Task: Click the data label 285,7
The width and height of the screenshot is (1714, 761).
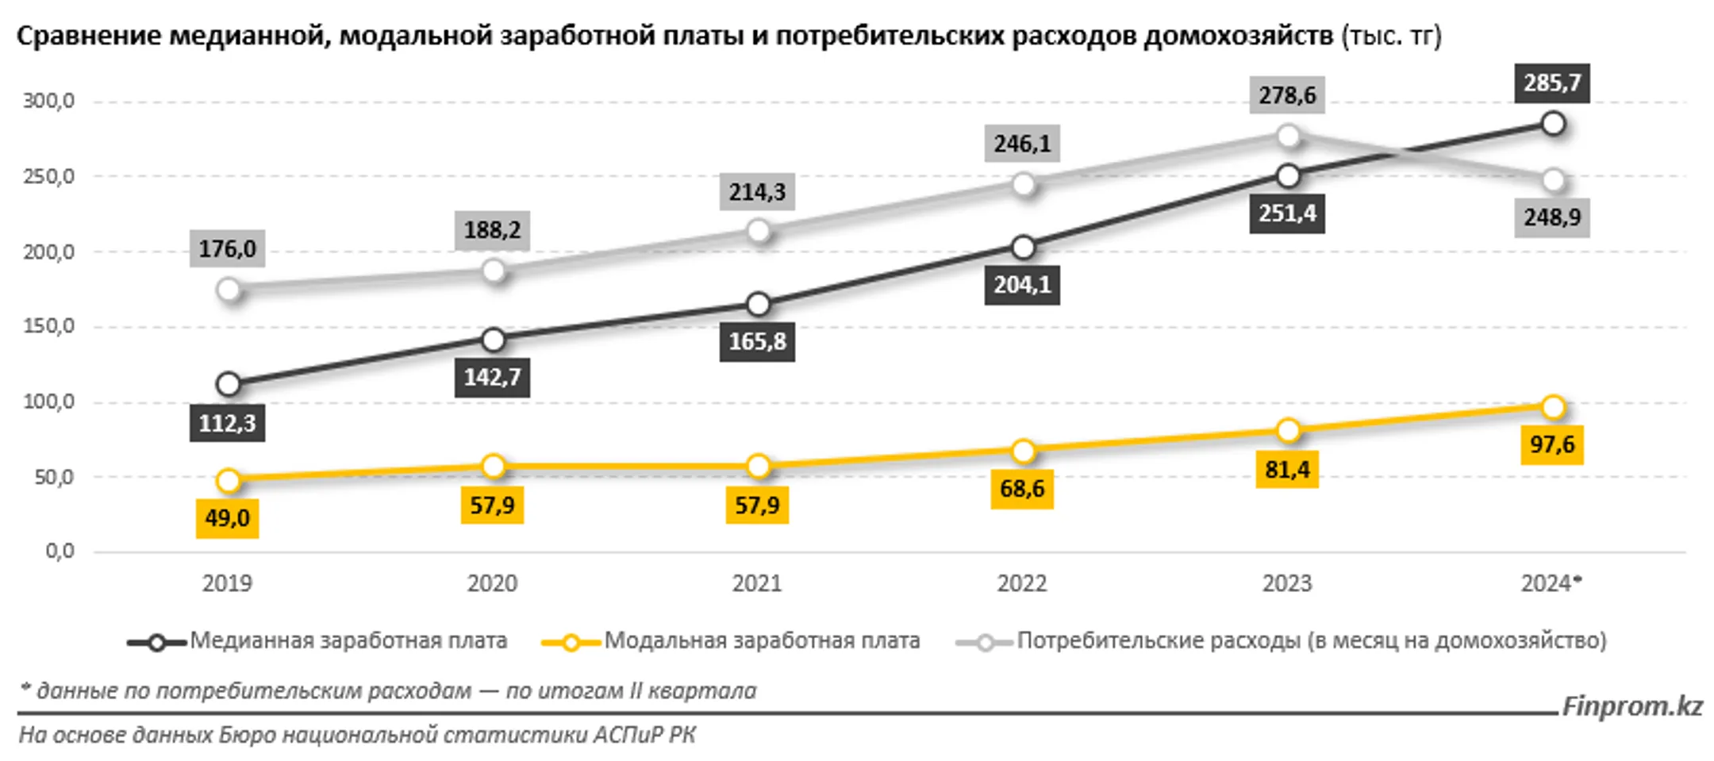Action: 1551,83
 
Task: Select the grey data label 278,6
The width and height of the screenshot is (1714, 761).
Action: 1286,95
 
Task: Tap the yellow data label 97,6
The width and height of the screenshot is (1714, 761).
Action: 1551,444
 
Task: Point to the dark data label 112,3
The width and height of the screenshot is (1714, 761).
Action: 227,423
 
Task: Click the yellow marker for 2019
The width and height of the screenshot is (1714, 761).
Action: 229,480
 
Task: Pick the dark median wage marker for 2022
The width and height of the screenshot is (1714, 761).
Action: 1024,248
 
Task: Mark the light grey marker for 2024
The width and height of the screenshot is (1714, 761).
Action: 1553,181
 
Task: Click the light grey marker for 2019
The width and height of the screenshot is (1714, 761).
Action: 229,290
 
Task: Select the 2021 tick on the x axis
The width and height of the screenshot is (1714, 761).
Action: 756,583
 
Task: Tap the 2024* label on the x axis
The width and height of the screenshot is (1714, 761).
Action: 1551,583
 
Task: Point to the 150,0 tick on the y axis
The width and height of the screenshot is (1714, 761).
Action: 48,326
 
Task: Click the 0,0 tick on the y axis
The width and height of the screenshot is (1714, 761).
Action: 60,551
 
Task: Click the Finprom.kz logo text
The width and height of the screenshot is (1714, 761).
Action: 1631,705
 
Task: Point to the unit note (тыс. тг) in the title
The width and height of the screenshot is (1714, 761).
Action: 1390,36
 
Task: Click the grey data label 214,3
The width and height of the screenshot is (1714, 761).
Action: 756,192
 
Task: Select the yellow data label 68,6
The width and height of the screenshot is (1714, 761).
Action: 1021,488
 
